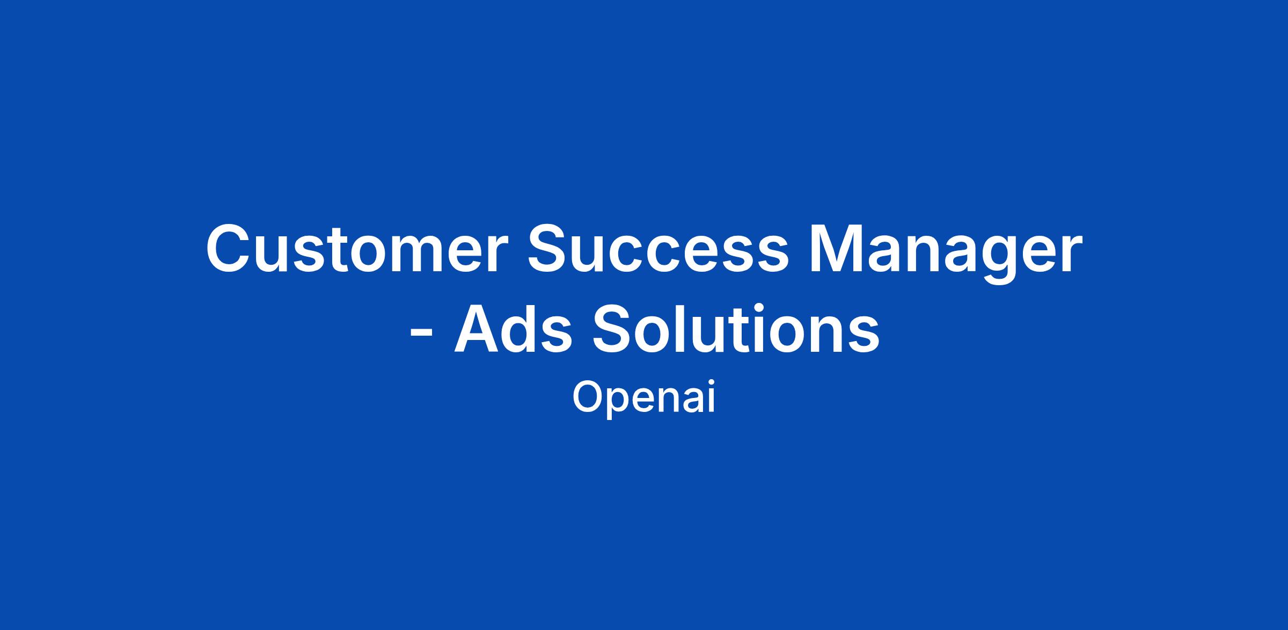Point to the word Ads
point(513,329)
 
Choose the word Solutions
point(736,329)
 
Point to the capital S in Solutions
point(615,329)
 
